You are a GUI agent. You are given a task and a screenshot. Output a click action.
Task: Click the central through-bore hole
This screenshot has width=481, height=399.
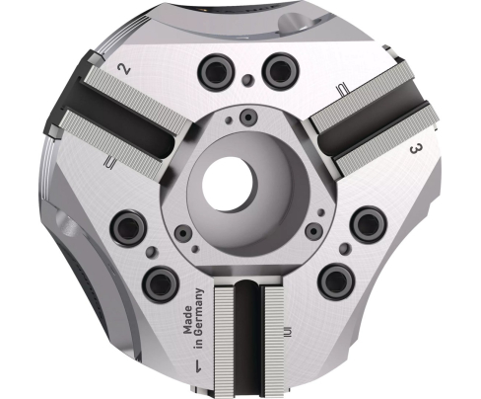(229, 185)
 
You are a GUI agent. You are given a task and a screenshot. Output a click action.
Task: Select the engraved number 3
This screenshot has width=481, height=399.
(416, 149)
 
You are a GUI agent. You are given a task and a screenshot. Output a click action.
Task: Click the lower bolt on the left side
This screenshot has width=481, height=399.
(158, 284)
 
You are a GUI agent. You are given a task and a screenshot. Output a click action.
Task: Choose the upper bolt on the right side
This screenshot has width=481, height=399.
(367, 222)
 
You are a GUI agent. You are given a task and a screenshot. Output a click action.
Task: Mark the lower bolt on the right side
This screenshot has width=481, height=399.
(335, 280)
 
